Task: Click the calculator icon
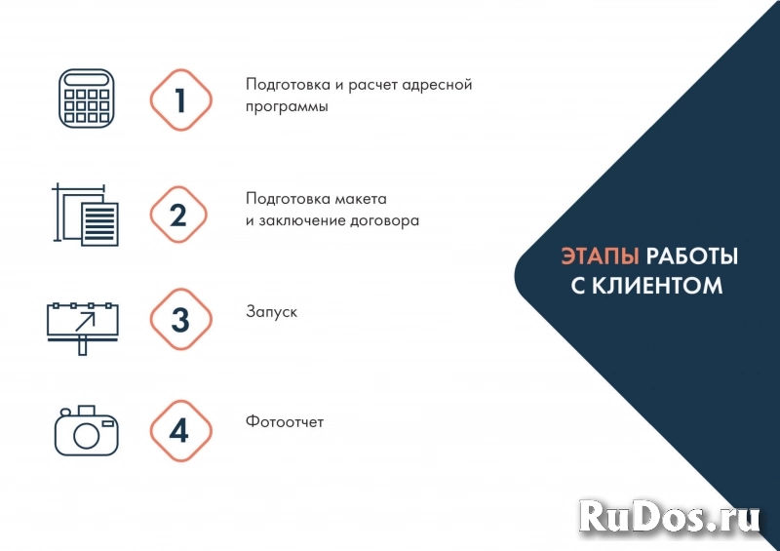pyautogui.click(x=86, y=98)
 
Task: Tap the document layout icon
pyautogui.click(x=85, y=215)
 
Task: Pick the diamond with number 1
pyautogui.click(x=180, y=98)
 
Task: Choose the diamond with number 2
pyautogui.click(x=179, y=215)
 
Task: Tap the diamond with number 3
pyautogui.click(x=179, y=320)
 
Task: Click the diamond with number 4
pyautogui.click(x=179, y=430)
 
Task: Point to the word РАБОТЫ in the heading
pyautogui.click(x=692, y=256)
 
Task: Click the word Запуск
pyautogui.click(x=271, y=313)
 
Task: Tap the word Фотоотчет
pyautogui.click(x=285, y=422)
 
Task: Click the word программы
pyautogui.click(x=287, y=107)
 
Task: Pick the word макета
pyautogui.click(x=363, y=197)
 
